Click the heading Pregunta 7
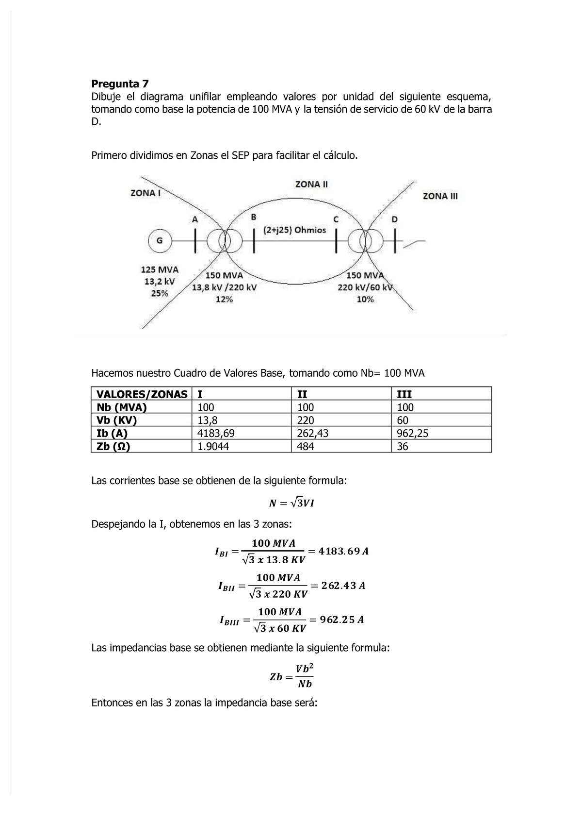pos(120,84)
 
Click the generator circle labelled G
pos(159,241)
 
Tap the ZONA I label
pos(145,193)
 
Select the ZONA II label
pos(311,185)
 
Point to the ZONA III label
pos(440,196)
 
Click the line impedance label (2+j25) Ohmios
pos(294,230)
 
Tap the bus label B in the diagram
pos(253,218)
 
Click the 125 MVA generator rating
pos(160,270)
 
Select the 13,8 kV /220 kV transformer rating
pos(225,287)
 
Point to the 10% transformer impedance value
pos(365,300)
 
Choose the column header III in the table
pos(404,394)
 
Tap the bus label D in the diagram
pos(394,219)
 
